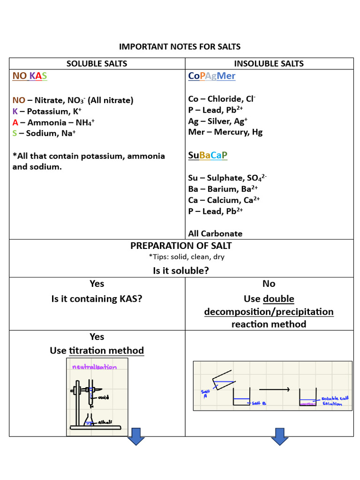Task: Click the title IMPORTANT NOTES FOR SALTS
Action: pos(180,46)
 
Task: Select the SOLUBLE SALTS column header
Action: pos(97,64)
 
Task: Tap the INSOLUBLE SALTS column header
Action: pos(269,64)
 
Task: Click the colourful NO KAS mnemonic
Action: pos(30,76)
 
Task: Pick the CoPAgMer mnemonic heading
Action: pos(211,76)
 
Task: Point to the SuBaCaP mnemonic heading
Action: pos(207,155)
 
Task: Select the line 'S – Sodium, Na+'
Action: pos(44,133)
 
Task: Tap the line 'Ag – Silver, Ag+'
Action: pos(217,121)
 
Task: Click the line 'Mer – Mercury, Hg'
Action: pos(225,132)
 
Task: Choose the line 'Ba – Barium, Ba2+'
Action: pos(223,189)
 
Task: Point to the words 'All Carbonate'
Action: pos(215,233)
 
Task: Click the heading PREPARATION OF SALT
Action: pos(180,246)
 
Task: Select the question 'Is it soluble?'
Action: pos(180,271)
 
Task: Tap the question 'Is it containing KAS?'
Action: pos(97,299)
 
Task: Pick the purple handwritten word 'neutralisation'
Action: pos(94,367)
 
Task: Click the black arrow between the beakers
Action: pos(274,390)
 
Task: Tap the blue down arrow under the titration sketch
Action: pos(136,436)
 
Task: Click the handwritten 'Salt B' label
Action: pos(259,403)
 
